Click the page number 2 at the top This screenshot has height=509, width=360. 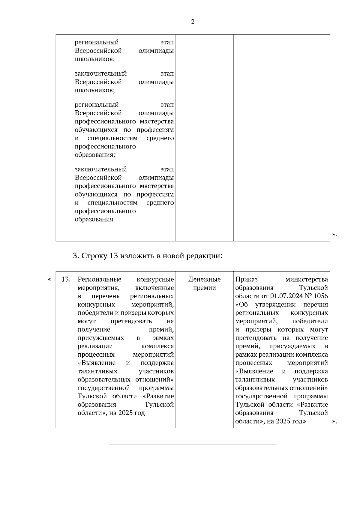click(193, 22)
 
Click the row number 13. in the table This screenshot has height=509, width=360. click(66, 280)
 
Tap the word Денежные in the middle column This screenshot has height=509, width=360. click(204, 280)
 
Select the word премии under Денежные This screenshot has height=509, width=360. click(204, 288)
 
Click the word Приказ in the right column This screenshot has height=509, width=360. click(246, 280)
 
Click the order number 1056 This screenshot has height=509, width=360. click(321, 296)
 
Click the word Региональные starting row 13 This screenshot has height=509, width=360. click(100, 280)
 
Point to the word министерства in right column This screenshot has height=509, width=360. click(307, 280)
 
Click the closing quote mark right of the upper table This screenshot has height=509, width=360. click(334, 235)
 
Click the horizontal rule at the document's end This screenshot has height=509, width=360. click(193, 445)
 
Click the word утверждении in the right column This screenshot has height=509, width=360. click(275, 305)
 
